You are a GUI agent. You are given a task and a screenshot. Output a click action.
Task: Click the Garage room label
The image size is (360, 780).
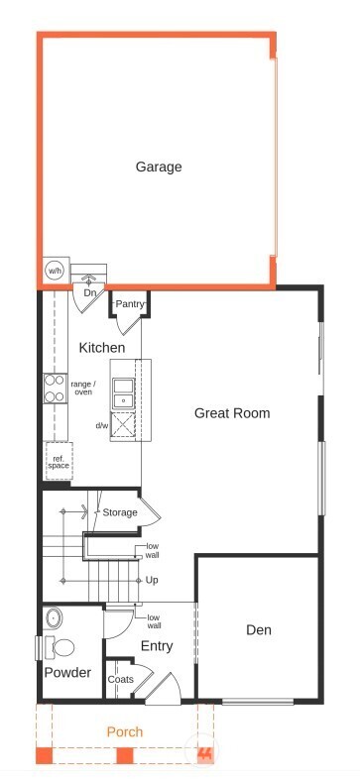click(x=159, y=167)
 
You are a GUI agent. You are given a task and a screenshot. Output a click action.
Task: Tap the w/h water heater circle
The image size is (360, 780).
click(x=54, y=270)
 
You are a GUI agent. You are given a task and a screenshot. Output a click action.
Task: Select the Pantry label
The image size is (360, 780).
click(x=131, y=303)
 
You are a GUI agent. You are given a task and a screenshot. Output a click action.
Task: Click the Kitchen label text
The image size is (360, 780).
click(x=102, y=348)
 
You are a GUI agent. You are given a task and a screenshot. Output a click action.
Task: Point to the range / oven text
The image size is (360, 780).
click(x=83, y=386)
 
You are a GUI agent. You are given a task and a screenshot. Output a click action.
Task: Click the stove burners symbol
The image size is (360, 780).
click(x=54, y=388)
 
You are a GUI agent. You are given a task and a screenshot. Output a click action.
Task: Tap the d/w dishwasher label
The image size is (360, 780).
click(x=101, y=425)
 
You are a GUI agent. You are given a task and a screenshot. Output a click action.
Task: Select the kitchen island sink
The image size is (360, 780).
click(x=124, y=392)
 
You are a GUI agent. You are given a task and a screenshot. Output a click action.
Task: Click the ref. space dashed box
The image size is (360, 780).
click(x=59, y=463)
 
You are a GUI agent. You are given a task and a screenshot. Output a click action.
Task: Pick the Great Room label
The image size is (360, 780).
click(x=232, y=412)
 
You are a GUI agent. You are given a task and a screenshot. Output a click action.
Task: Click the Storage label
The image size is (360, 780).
click(x=120, y=512)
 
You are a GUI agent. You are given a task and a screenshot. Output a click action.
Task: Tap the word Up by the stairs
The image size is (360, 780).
click(x=152, y=580)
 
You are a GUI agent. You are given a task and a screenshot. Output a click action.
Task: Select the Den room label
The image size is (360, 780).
click(x=259, y=629)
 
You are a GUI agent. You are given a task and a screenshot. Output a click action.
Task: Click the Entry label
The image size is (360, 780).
click(x=156, y=646)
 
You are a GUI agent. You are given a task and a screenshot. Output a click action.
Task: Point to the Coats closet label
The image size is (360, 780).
click(x=121, y=679)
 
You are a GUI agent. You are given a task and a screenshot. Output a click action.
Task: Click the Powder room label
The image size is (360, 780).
click(x=67, y=673)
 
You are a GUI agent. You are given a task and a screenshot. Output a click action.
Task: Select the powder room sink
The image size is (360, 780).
click(x=54, y=619)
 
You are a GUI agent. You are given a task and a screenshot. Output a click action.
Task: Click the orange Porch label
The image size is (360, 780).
click(x=126, y=731)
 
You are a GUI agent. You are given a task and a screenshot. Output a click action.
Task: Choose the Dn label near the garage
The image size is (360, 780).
click(x=89, y=293)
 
